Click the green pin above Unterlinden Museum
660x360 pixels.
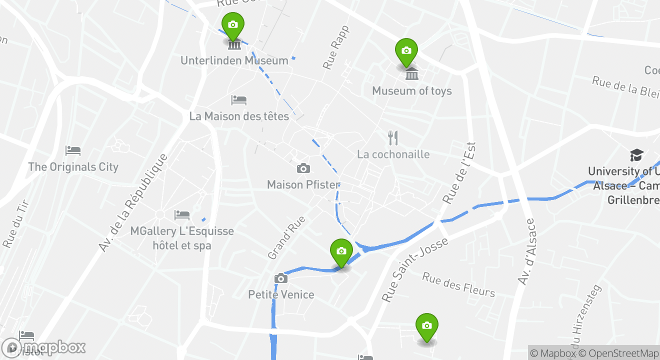[x=232, y=25]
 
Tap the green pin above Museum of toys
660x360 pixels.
[x=406, y=51]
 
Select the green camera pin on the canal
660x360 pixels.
[x=341, y=251]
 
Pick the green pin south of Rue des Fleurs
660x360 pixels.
[x=426, y=326]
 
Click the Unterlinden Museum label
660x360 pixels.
[x=234, y=60]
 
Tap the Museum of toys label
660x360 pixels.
[x=411, y=91]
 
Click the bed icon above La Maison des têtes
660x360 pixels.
[x=238, y=100]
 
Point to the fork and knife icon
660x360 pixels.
[x=393, y=137]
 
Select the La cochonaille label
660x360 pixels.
[x=393, y=154]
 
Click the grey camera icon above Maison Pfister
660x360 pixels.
[x=303, y=168]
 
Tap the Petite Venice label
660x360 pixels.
[x=281, y=294]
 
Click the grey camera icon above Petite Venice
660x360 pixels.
[x=281, y=278]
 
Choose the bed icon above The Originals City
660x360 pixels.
[x=73, y=150]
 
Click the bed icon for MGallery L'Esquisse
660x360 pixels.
[x=181, y=215]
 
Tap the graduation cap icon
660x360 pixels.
[x=636, y=155]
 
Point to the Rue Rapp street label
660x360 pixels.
[x=336, y=47]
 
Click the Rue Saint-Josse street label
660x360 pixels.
[x=414, y=270]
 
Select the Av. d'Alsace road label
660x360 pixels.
[x=526, y=252]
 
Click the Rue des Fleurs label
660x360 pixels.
[x=458, y=284]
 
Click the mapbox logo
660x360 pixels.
[x=44, y=347]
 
